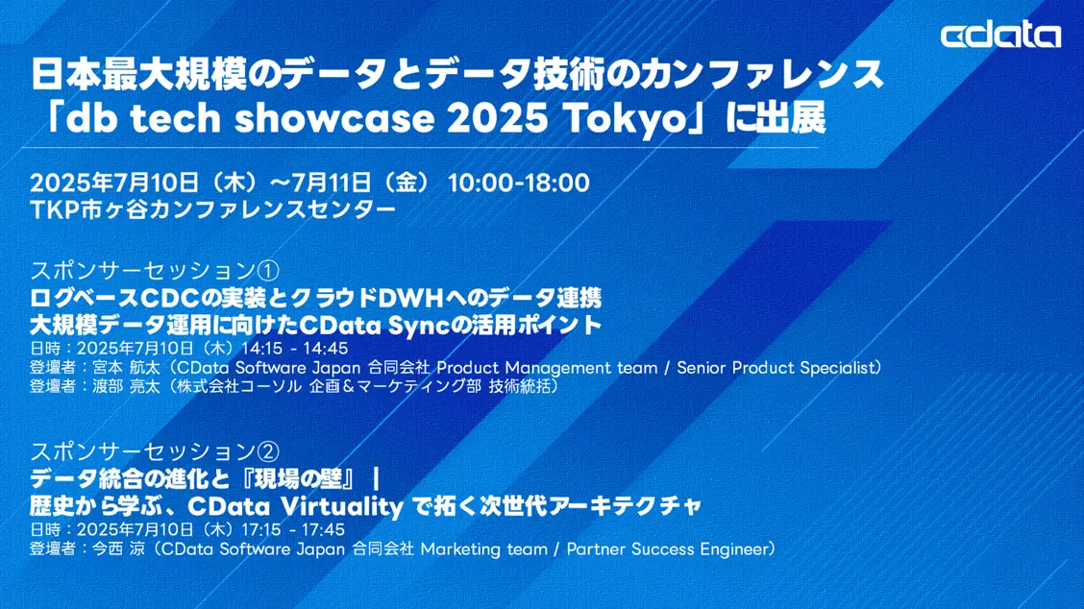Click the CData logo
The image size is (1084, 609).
(1000, 37)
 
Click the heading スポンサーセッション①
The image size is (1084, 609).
(155, 268)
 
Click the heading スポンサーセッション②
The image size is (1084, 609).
(155, 450)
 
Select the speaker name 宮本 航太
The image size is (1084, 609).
(122, 367)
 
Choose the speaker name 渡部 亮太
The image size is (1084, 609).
(122, 386)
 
